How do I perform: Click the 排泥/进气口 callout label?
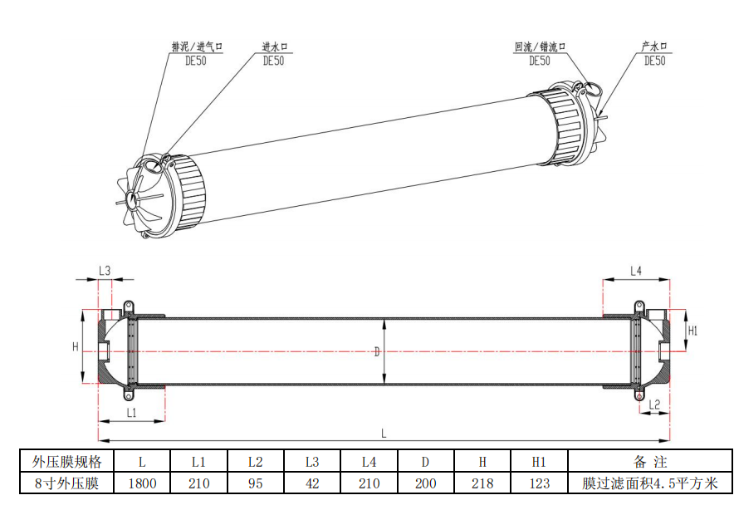[x=197, y=47]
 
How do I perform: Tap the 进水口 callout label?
[x=275, y=47]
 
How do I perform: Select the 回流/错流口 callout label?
[x=541, y=47]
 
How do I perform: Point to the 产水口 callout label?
[x=654, y=47]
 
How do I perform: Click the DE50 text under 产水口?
[x=654, y=61]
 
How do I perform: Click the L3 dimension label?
[x=105, y=270]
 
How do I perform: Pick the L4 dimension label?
[x=636, y=271]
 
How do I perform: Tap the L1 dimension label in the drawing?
[x=131, y=412]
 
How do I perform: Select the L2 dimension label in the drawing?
[x=654, y=404]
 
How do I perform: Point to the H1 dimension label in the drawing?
[x=692, y=331]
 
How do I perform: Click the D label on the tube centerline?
[x=377, y=352]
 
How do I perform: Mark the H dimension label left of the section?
[x=76, y=347]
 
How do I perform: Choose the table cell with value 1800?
[x=142, y=483]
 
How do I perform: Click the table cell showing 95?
[x=256, y=483]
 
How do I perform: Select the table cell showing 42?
[x=312, y=483]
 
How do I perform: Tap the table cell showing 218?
[x=482, y=483]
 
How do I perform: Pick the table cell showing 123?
[x=539, y=483]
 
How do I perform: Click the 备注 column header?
[x=650, y=462]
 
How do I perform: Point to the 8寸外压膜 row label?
[x=67, y=483]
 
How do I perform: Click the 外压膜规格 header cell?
[x=67, y=462]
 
